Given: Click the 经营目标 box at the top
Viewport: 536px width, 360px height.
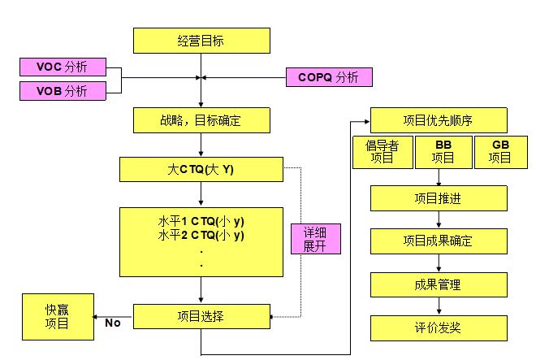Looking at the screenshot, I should pos(200,40).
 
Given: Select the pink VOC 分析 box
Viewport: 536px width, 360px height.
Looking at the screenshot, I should pos(62,67).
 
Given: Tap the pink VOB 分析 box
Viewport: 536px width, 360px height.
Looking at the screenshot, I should pos(62,91).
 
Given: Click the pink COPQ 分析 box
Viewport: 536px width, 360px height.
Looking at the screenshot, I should pos(329,77).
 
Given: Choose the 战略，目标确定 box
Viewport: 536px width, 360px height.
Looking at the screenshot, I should pos(200,120).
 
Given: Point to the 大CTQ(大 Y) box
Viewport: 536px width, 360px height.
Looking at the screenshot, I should pos(200,170).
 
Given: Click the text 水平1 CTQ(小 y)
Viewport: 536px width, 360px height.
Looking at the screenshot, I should pos(200,222).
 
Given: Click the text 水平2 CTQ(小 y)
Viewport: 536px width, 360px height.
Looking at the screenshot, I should pos(200,236).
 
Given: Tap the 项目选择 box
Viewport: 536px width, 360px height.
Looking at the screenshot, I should pos(200,317).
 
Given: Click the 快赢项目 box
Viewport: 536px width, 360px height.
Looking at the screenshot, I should pos(56,317).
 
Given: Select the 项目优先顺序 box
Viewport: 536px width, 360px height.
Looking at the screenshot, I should pos(439,120).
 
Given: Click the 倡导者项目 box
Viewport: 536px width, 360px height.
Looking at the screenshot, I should pos(382,153).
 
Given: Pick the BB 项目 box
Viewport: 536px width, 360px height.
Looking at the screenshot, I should pos(443,153).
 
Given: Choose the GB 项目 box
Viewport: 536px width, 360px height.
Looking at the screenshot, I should pos(499,153).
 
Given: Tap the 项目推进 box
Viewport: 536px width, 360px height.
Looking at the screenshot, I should pos(439,198).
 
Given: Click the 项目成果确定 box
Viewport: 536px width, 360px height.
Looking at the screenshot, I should pos(439,241).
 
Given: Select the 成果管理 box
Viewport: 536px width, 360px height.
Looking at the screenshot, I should pos(439,285).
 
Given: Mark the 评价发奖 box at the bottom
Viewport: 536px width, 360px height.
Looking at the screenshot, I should pos(439,328).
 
